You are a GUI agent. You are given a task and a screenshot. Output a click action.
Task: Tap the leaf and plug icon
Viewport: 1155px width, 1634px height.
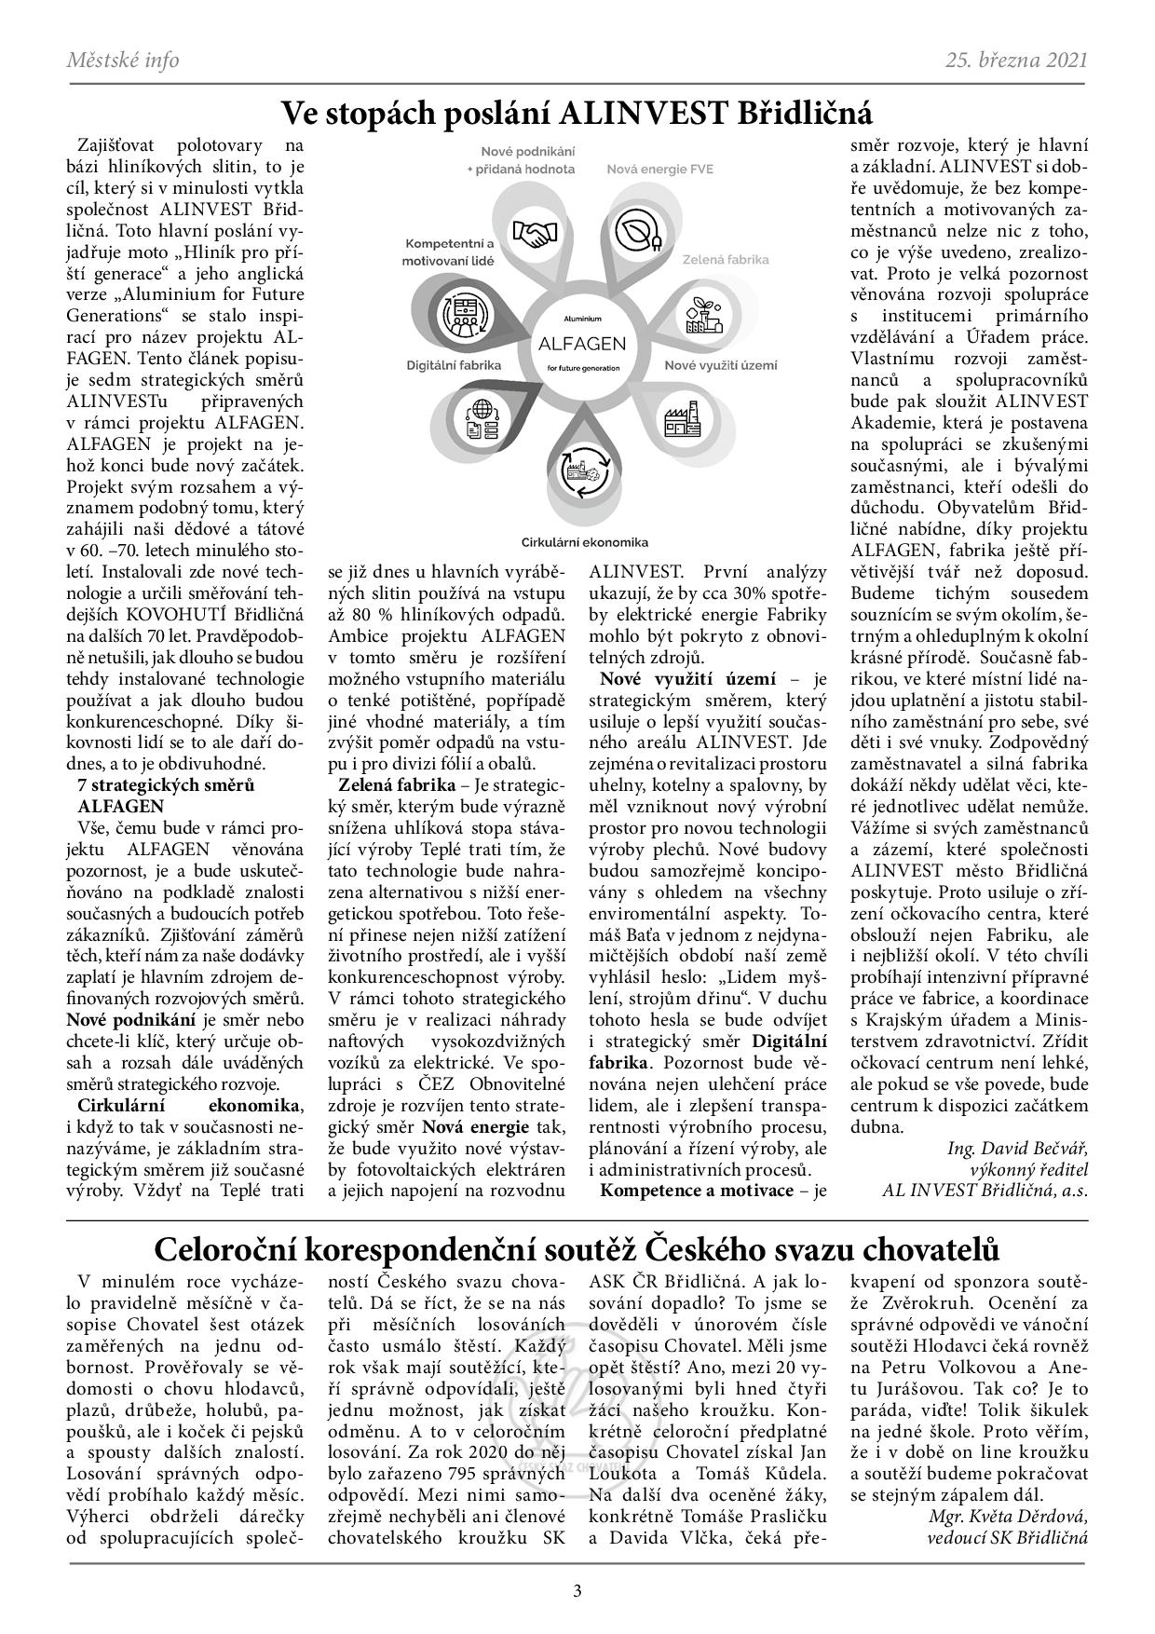pos(638,232)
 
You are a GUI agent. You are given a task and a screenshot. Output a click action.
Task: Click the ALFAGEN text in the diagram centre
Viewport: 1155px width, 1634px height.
pos(583,343)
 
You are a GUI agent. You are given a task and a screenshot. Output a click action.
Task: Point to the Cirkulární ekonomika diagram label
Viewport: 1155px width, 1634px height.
pos(584,542)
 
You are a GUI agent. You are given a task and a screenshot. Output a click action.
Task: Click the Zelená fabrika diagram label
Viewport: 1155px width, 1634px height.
pos(726,259)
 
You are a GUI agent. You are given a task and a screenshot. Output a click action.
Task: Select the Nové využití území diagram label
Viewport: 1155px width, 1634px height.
pos(720,365)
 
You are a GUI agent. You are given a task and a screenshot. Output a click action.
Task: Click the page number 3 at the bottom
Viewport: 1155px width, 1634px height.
pos(577,1590)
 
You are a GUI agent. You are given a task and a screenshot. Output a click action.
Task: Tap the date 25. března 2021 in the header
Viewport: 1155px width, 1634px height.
pos(1016,61)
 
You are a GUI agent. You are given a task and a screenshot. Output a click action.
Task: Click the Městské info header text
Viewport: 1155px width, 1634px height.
pos(123,61)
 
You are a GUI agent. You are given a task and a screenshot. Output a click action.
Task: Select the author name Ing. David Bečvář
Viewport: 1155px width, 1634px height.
pos(1017,1147)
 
